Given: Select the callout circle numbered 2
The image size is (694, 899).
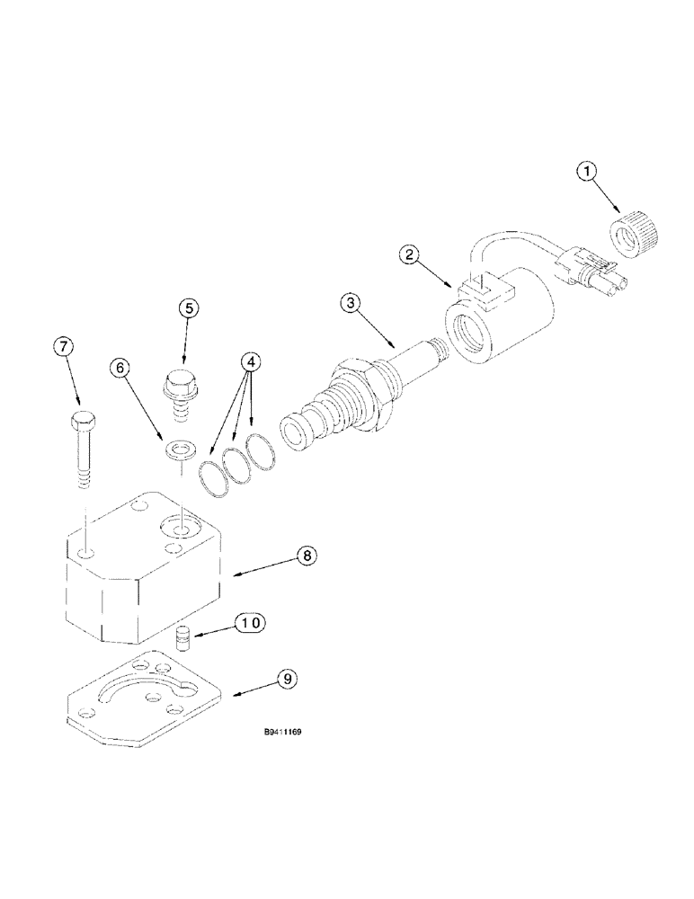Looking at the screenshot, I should coord(412,255).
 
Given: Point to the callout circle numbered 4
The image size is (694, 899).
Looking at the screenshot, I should coord(252,362).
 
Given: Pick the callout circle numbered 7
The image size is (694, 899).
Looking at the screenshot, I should coord(65,347).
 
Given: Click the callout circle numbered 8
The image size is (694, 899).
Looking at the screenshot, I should coord(307,556).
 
